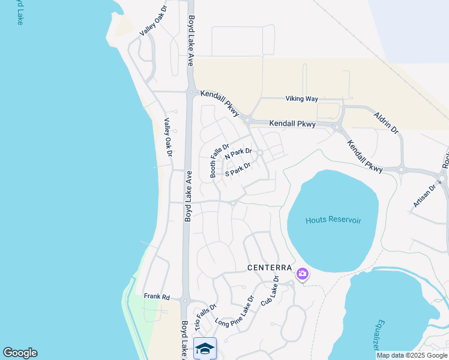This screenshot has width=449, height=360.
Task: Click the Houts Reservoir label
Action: [x=333, y=220]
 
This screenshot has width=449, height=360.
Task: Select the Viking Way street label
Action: [x=301, y=98]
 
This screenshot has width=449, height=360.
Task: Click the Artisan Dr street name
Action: [x=424, y=196]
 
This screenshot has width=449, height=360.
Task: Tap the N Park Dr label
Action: [x=238, y=154]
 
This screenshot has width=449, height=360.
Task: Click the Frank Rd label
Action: [x=157, y=296]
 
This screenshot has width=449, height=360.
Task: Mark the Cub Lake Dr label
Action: [x=270, y=292]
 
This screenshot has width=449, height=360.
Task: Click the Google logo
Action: [x=20, y=353]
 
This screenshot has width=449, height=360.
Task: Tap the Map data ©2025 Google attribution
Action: [x=412, y=355]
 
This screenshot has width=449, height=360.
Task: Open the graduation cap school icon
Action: [x=205, y=348]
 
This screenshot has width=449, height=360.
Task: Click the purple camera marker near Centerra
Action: [x=302, y=274]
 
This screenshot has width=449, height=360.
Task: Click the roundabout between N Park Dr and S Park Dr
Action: [x=260, y=153]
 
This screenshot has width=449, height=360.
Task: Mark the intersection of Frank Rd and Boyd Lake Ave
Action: [x=186, y=301]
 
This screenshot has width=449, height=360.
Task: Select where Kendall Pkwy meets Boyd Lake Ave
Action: [x=191, y=92]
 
